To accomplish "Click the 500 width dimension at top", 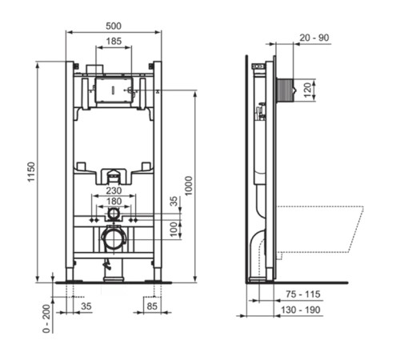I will tap(114, 24).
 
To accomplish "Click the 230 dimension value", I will tap(114, 190).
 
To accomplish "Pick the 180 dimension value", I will tap(114, 202).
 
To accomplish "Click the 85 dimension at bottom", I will tap(150, 305).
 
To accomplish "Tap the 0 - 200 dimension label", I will tap(47, 317).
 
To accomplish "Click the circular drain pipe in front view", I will tap(114, 238).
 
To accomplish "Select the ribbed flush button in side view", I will tap(285, 88).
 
